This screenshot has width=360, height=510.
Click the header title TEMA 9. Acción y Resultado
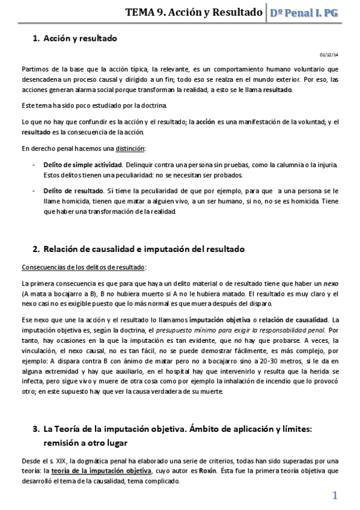coord(194,12)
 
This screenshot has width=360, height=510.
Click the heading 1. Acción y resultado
coord(75,38)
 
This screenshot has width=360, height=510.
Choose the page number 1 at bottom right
coord(335,495)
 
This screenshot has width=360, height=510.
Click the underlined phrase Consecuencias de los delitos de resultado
coord(83,266)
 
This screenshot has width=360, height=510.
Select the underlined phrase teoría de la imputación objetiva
coord(102,471)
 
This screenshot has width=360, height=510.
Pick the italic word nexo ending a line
coord(331,283)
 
